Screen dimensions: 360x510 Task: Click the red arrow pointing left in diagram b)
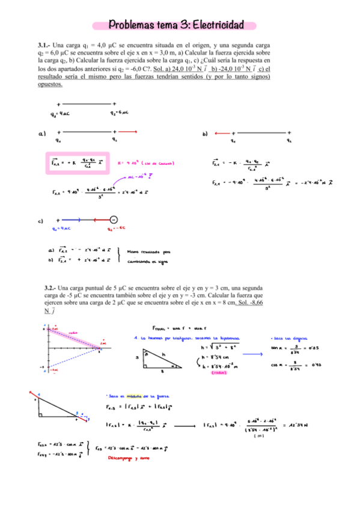[222, 132]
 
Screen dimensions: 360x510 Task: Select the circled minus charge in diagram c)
[114, 221]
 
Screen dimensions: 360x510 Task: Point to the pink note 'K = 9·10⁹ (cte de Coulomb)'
[145, 163]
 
